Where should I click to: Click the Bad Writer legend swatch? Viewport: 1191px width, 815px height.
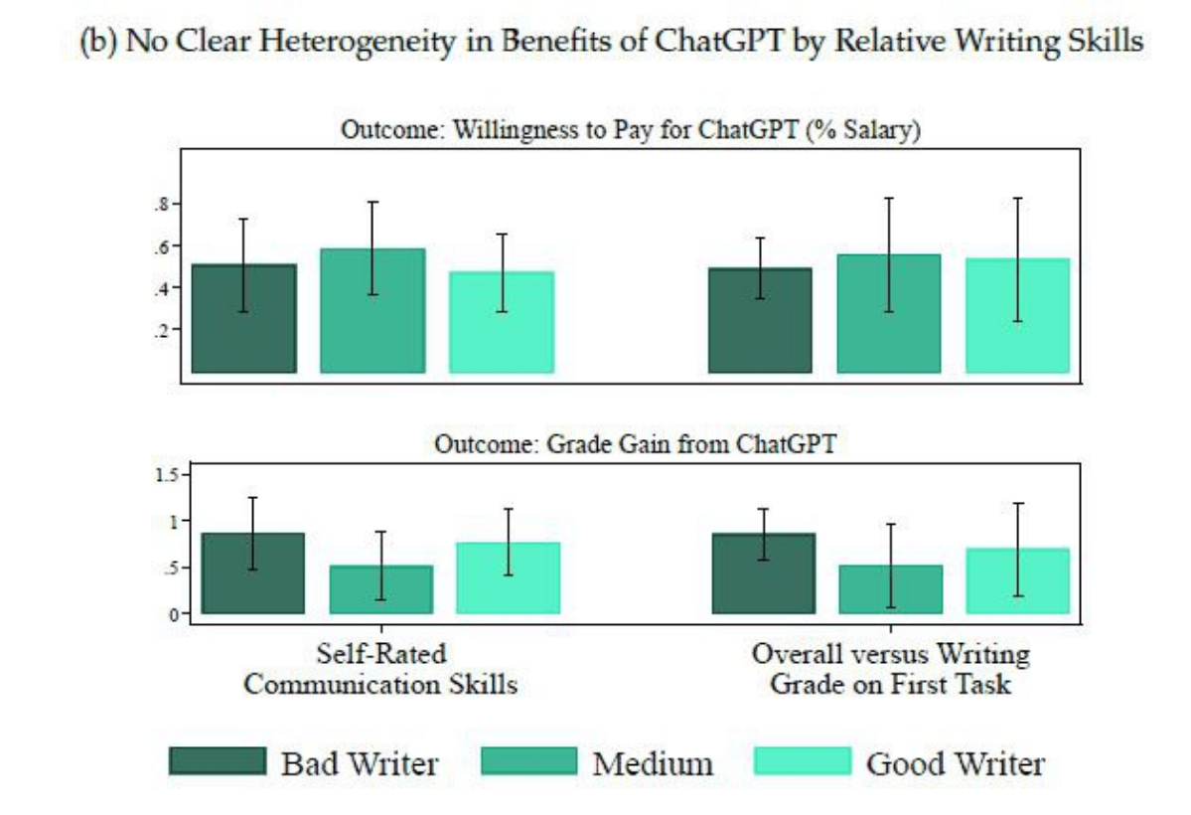click(218, 761)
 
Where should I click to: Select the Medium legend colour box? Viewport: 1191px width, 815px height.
click(528, 761)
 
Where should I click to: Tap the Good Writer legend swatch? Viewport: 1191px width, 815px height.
click(802, 761)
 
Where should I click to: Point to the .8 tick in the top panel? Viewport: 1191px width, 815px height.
click(162, 204)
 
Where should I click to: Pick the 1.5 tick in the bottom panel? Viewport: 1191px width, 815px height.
click(166, 475)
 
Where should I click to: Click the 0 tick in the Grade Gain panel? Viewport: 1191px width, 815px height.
click(174, 614)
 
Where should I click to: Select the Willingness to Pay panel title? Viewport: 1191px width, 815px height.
click(631, 130)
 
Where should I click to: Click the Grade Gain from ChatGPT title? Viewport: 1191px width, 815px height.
click(635, 443)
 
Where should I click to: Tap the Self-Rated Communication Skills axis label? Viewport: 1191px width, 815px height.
click(380, 669)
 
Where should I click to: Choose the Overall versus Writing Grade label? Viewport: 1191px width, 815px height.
click(890, 669)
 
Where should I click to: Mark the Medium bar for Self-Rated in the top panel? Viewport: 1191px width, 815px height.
click(372, 310)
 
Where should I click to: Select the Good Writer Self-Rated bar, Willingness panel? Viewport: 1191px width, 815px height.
click(502, 322)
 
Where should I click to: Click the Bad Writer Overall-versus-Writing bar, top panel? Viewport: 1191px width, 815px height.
click(760, 320)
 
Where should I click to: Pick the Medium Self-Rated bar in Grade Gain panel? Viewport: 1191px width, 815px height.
click(381, 589)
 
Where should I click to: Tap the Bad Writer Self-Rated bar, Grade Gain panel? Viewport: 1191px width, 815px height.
click(253, 573)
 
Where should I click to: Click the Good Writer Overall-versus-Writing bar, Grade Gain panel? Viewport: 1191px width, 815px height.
click(1018, 580)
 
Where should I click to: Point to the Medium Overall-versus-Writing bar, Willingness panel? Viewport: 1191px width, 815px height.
click(889, 313)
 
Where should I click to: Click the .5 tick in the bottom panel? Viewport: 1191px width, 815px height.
click(173, 568)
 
